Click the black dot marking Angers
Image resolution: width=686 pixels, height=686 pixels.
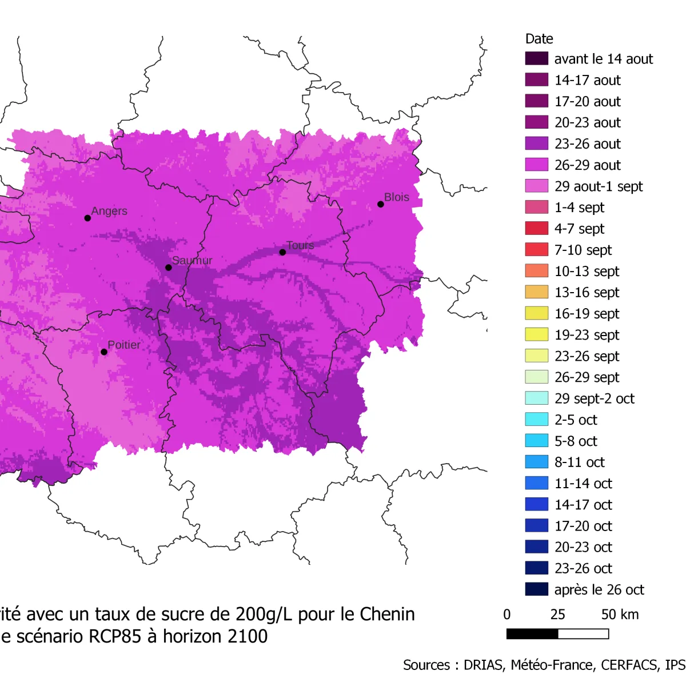pyautogui.click(x=87, y=218)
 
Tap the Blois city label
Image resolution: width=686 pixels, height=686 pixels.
pyautogui.click(x=396, y=197)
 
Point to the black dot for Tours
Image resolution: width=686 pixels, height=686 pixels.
pyautogui.click(x=282, y=252)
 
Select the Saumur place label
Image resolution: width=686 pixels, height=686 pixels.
pyautogui.click(x=192, y=261)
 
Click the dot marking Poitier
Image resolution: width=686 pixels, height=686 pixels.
pyautogui.click(x=104, y=352)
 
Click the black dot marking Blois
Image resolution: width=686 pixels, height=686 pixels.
pyautogui.click(x=381, y=204)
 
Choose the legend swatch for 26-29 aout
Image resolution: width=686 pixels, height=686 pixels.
pyautogui.click(x=536, y=165)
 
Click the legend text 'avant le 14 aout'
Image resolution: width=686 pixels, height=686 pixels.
pyautogui.click(x=603, y=59)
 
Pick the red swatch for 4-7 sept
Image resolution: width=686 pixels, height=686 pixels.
pyautogui.click(x=536, y=229)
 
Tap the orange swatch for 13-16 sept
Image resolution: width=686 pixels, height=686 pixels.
pyautogui.click(x=536, y=292)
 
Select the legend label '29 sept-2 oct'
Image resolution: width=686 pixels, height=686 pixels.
pyautogui.click(x=594, y=398)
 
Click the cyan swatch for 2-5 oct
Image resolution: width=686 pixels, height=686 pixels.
pyautogui.click(x=536, y=420)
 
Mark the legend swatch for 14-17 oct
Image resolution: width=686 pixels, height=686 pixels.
pyautogui.click(x=536, y=504)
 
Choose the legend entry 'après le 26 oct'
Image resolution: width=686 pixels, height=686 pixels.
pyautogui.click(x=599, y=589)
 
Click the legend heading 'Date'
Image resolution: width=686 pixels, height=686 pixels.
pyautogui.click(x=539, y=39)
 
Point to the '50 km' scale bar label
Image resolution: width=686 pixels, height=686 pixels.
pyautogui.click(x=620, y=615)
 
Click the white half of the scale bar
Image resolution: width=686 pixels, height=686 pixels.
pyautogui.click(x=583, y=633)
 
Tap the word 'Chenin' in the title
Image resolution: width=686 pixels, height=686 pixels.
pyautogui.click(x=386, y=614)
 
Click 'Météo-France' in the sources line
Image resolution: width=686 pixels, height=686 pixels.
pyautogui.click(x=551, y=665)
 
